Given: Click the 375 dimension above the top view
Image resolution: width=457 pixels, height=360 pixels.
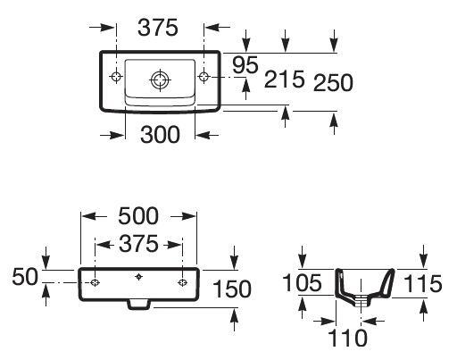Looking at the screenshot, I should tap(159, 29).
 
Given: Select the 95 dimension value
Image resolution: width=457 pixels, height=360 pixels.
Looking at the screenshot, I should tap(246, 65).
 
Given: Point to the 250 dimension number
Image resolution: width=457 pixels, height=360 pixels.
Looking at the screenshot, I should tap(333, 82).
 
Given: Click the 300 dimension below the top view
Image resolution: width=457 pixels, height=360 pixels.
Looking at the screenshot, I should tap(160, 135).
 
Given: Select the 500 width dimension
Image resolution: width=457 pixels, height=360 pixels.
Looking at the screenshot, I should tap(138, 217).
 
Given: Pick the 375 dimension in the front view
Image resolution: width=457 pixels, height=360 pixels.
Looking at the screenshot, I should tap(138, 244).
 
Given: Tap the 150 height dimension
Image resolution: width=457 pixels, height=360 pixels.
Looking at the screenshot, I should tap(232, 289).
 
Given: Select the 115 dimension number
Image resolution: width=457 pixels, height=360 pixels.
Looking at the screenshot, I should tap(423, 284).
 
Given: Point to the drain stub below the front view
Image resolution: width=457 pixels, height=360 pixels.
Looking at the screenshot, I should tap(138, 305).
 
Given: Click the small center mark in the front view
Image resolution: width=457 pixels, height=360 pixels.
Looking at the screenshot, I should tap(138, 277).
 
